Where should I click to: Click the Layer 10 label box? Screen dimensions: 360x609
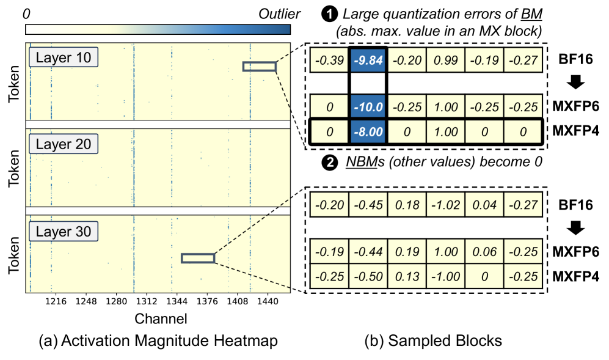[64, 58]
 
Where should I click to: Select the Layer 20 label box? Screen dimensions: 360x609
[64, 145]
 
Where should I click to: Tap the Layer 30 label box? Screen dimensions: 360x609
[64, 232]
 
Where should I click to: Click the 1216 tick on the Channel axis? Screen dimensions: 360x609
[56, 302]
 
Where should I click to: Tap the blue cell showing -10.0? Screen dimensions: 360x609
[368, 107]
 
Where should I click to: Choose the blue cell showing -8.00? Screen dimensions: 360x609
[368, 131]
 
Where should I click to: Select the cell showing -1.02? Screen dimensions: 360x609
[445, 204]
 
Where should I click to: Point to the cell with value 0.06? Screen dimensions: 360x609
[484, 251]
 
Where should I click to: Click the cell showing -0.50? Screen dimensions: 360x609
[368, 274]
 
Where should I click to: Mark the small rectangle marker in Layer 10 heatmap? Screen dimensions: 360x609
[259, 67]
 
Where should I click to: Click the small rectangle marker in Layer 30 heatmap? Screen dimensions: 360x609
[198, 259]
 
